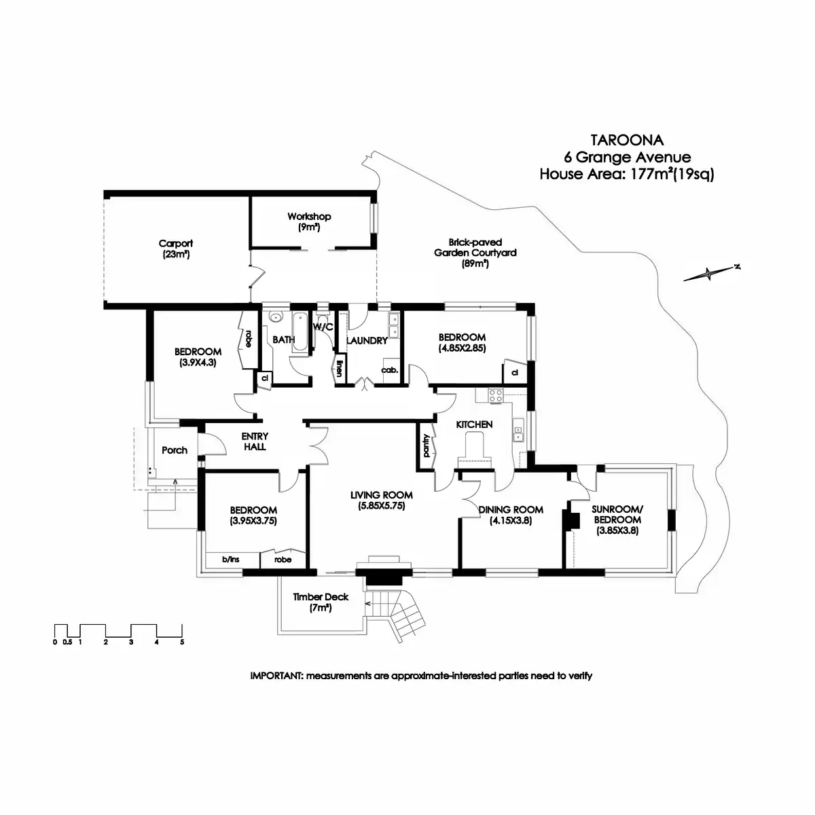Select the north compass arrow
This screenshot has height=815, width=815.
pyautogui.click(x=710, y=273)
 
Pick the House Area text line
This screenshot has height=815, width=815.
pyautogui.click(x=626, y=174)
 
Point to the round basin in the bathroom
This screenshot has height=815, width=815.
pyautogui.click(x=276, y=317)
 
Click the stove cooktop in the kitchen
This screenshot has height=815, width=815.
pyautogui.click(x=494, y=395)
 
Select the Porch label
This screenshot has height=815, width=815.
pyautogui.click(x=175, y=450)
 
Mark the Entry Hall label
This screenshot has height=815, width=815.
pyautogui.click(x=255, y=441)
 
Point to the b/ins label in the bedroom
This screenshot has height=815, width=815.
pyautogui.click(x=231, y=560)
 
